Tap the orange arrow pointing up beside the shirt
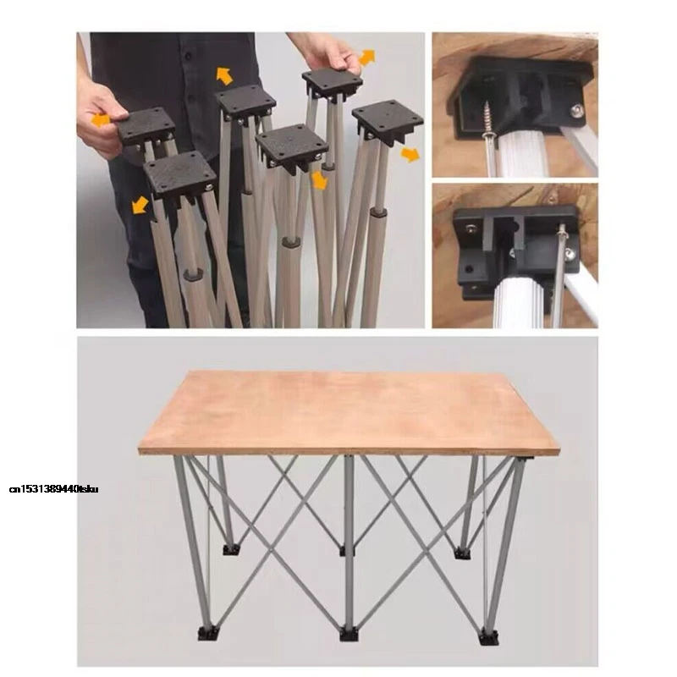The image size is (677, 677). pos(224,75)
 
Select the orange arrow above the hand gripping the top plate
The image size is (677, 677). pos(366,57)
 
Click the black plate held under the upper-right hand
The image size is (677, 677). pos(332,83)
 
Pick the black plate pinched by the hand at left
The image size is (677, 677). pos(144,126)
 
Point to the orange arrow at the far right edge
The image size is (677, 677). pos(410,154)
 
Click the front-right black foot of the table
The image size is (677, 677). pos(487,635)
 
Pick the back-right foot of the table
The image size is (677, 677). pos(461,553)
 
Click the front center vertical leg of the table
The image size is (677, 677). pos(349,542)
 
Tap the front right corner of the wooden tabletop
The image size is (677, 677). pos(558,449)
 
